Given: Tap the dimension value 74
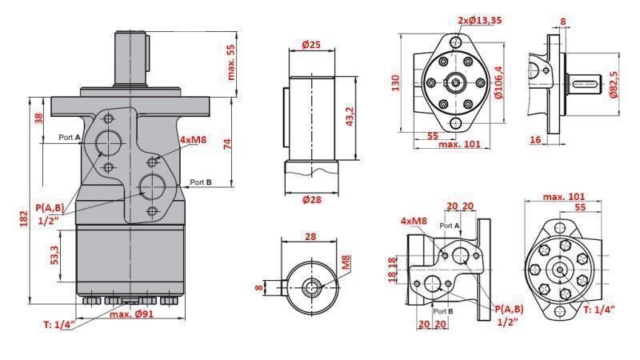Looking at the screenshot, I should click(227, 144).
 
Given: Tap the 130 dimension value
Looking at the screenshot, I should click(396, 82).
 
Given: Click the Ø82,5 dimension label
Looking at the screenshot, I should click(614, 83).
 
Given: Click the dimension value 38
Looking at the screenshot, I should click(38, 118).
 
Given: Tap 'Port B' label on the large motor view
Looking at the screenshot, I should click(201, 182).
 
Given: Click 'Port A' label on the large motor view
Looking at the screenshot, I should click(70, 138).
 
